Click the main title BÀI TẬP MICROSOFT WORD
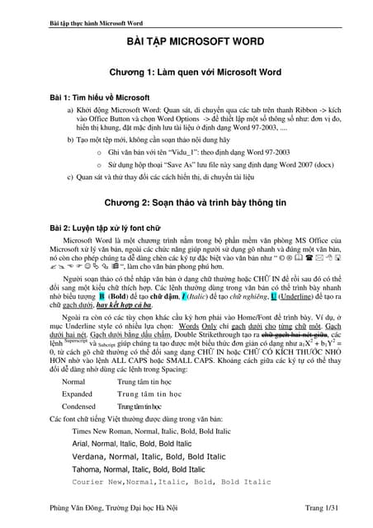(186, 40)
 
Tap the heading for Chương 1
(186, 73)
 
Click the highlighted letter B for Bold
(102, 295)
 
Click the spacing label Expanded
(78, 394)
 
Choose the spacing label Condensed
(78, 407)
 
